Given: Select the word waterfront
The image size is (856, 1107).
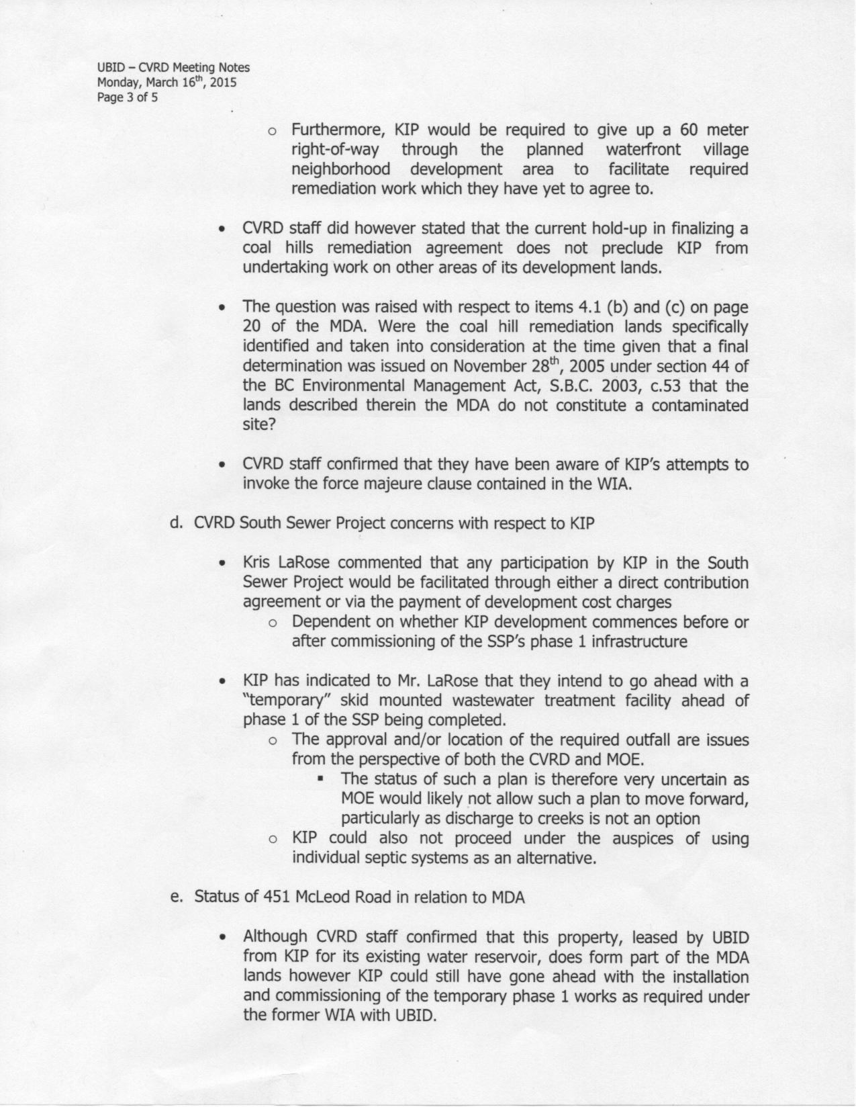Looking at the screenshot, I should [x=643, y=149].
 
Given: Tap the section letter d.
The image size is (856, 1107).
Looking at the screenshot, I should [x=177, y=523].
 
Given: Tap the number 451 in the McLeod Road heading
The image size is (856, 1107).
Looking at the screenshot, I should [x=276, y=897].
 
